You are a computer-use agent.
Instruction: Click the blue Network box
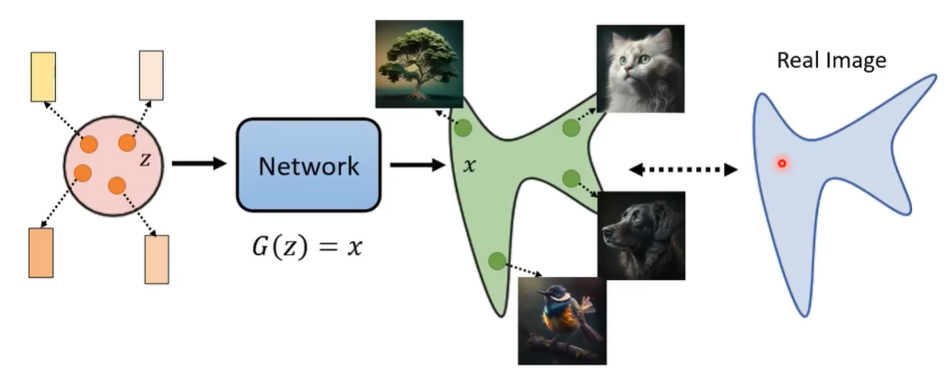click(x=309, y=166)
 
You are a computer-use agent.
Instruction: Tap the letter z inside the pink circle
click(x=144, y=159)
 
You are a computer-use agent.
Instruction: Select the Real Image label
click(x=831, y=62)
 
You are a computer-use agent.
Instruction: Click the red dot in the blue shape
click(x=782, y=164)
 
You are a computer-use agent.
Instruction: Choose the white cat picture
click(x=640, y=69)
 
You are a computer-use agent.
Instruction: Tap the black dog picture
click(x=641, y=236)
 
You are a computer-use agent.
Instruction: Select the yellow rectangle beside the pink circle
click(x=43, y=75)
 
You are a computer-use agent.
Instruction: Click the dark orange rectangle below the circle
click(x=41, y=251)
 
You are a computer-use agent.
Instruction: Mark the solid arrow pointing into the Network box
click(x=199, y=165)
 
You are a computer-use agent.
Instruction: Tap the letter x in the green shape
click(x=469, y=167)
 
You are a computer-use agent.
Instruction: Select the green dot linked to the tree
click(x=462, y=129)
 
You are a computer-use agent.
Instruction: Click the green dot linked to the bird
click(x=496, y=261)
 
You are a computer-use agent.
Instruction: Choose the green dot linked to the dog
click(x=570, y=178)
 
